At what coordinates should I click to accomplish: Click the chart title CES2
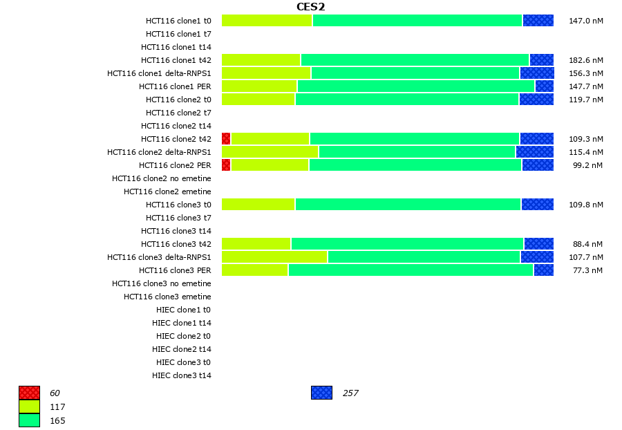click(x=310, y=7)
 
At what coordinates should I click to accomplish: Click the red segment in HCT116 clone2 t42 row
click(x=226, y=139)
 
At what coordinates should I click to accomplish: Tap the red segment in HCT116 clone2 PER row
click(x=226, y=165)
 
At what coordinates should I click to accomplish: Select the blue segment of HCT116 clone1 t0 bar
click(x=538, y=21)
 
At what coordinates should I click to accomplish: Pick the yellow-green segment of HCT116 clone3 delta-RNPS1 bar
click(x=274, y=257)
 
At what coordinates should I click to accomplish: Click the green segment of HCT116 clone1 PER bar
click(x=415, y=86)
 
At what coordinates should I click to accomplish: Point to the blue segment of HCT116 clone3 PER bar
click(x=543, y=270)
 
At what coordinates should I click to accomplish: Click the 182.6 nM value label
click(x=585, y=60)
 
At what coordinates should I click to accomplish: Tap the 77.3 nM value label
click(x=587, y=270)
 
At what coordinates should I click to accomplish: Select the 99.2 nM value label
click(x=587, y=165)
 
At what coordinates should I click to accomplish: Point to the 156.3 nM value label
click(x=585, y=73)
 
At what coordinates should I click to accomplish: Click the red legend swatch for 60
click(x=29, y=393)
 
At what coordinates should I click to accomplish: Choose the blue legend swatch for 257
click(x=321, y=393)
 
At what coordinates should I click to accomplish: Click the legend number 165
click(x=57, y=420)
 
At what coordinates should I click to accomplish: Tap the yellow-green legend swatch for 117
click(x=29, y=406)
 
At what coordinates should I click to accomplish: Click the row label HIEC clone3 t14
click(x=181, y=375)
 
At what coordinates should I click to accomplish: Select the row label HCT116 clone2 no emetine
click(x=161, y=178)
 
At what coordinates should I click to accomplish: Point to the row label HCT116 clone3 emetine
click(x=167, y=297)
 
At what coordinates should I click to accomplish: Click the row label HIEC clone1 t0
click(x=183, y=310)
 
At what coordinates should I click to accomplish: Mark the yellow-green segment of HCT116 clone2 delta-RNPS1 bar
click(x=270, y=152)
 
